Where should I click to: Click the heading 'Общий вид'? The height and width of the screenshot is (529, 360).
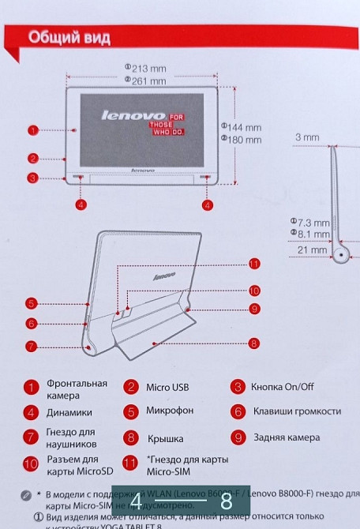tap(69, 37)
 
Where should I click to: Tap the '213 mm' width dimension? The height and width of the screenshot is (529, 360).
tap(148, 69)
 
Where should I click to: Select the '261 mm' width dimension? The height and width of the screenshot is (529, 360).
tap(148, 81)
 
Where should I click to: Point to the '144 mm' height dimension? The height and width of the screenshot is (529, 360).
tap(244, 127)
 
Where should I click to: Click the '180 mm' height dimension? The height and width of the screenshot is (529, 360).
tap(244, 139)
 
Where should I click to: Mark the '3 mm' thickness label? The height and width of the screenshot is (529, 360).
tap(307, 137)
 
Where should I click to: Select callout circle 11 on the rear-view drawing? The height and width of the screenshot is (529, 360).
tap(254, 263)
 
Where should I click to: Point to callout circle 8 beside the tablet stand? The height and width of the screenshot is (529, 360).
tap(254, 343)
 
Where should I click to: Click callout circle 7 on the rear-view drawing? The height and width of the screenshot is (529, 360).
tap(31, 346)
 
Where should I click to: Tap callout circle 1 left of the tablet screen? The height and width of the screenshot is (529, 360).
tap(32, 129)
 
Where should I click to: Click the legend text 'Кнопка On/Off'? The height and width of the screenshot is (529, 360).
tap(282, 387)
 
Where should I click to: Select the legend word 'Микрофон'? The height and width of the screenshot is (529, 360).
tap(170, 411)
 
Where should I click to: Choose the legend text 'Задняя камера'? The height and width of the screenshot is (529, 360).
tap(286, 437)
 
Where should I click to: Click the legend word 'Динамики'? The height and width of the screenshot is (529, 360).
tap(69, 412)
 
